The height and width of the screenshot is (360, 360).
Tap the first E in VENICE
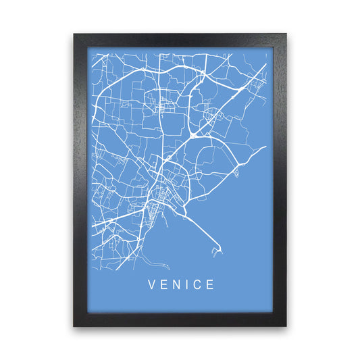(163, 285)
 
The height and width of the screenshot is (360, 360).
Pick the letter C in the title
(197, 285)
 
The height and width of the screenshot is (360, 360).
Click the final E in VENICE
(211, 285)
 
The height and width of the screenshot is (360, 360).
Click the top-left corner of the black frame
(74, 34)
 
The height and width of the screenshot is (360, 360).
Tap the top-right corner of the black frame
(286, 34)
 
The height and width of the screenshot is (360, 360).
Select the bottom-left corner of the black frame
(74, 326)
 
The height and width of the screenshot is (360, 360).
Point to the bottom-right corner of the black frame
(286, 326)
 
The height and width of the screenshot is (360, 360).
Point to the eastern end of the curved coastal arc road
(265, 147)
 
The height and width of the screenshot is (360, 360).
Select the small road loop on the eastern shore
(236, 173)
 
